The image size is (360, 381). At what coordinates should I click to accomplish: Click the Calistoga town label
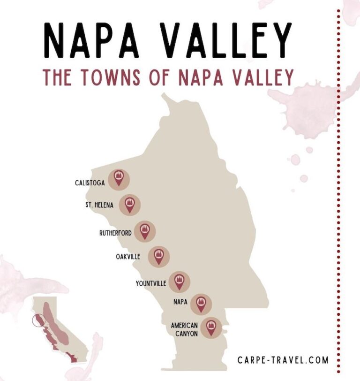(90, 182)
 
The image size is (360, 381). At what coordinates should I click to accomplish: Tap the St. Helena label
(100, 205)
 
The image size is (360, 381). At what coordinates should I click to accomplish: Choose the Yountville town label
(151, 283)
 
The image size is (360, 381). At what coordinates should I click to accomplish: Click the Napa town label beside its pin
(180, 302)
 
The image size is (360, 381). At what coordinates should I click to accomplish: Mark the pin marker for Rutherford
(145, 231)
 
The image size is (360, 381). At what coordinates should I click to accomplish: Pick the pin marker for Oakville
(159, 256)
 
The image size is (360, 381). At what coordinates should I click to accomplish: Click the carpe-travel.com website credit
(283, 360)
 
